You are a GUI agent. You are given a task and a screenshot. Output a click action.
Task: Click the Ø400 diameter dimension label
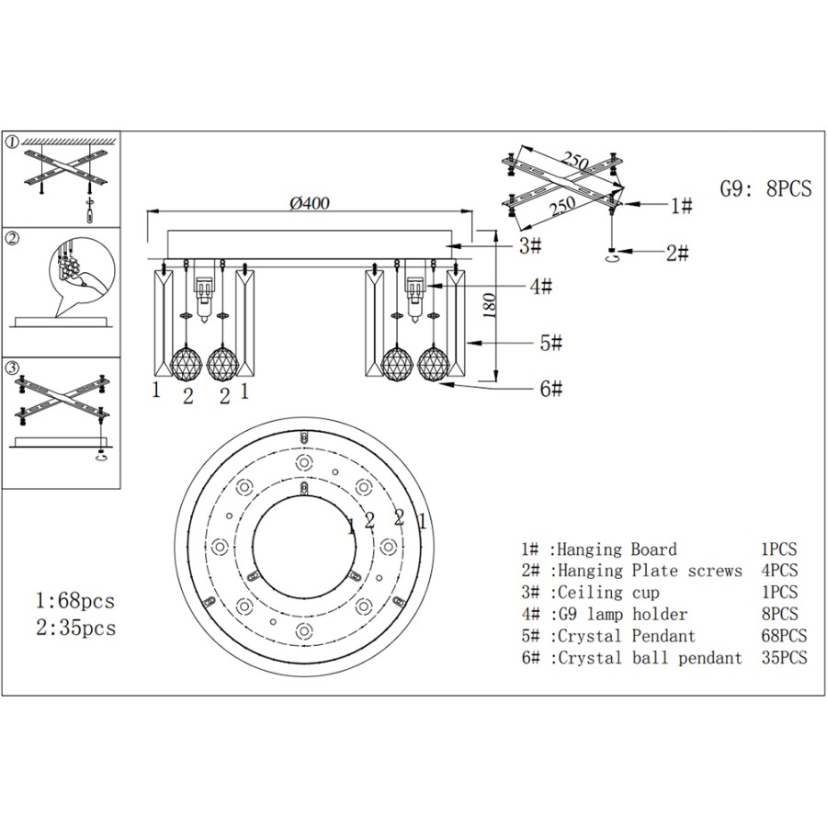coord(309,203)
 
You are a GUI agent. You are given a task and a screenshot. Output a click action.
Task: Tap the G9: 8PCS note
coord(765,188)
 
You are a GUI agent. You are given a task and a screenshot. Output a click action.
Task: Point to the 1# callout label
coord(681,206)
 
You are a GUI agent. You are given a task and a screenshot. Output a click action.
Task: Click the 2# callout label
coord(677,253)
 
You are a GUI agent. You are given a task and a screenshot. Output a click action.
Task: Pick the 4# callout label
coord(542,287)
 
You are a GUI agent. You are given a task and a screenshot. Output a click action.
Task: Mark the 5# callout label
coord(550,343)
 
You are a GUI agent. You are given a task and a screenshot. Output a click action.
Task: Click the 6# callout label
coord(550,389)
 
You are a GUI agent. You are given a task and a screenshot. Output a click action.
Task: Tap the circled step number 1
coord(12,142)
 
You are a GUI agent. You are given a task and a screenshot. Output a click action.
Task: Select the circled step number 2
coord(12,239)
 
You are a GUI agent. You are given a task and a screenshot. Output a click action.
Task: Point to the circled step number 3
coord(12,368)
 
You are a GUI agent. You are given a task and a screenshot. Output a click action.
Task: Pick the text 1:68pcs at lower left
coord(75,601)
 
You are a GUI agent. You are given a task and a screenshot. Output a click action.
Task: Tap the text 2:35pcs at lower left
coord(75,629)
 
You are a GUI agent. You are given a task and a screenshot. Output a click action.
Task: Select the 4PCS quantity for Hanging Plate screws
coord(779,572)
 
